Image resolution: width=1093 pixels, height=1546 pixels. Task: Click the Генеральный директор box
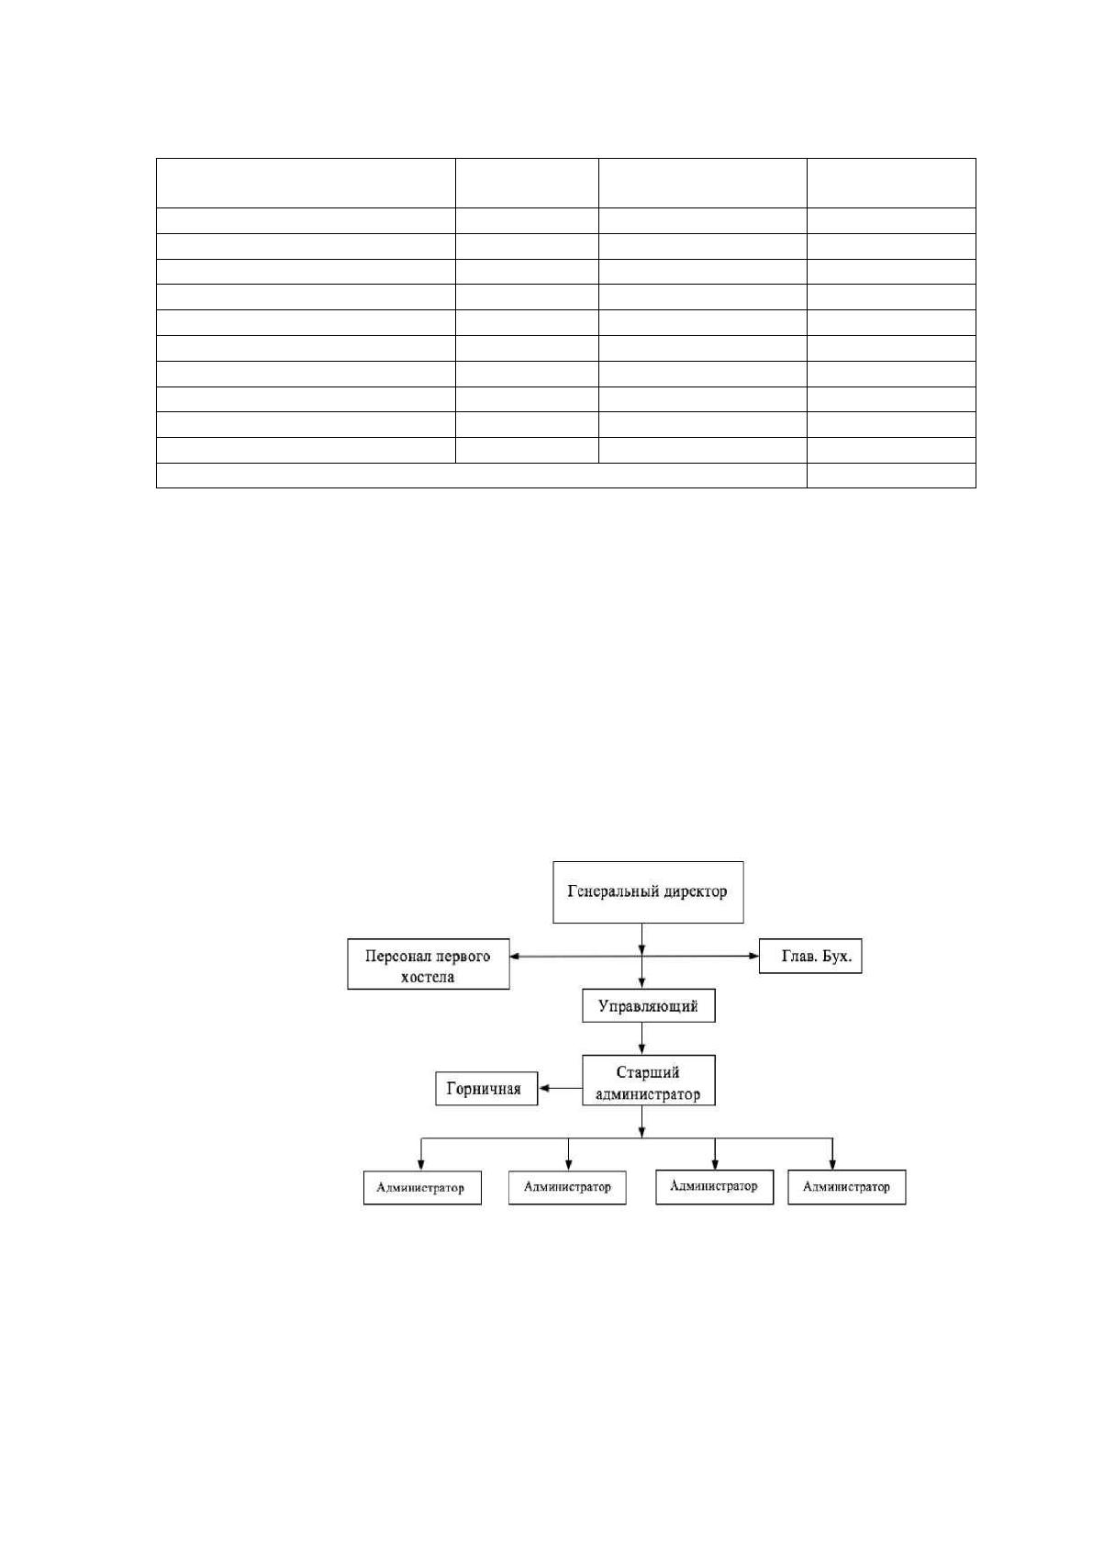coord(647,891)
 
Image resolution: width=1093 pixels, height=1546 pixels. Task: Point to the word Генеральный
coord(605,891)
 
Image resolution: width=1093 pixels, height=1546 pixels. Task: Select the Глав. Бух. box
coord(810,956)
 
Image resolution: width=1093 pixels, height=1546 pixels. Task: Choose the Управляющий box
coord(648,1005)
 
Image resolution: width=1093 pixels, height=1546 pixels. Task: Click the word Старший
coord(647,1072)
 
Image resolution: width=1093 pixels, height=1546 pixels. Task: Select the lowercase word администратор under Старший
coord(647,1094)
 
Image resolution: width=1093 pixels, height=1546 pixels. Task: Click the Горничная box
coord(486,1089)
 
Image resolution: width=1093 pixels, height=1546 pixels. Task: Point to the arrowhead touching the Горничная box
coord(543,1089)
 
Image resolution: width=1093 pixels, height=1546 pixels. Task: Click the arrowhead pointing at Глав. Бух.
coord(753,956)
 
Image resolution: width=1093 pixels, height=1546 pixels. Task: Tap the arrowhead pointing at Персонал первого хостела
coord(515,957)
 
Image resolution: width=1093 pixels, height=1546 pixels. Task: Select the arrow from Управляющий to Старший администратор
coord(641,1038)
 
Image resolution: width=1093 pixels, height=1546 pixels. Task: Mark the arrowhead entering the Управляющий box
coord(641,983)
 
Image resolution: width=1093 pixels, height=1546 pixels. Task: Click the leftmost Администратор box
coord(422,1187)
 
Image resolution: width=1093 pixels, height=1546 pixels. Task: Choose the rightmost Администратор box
coord(847,1187)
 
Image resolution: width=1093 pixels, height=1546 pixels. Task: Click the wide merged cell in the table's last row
coord(482,476)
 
